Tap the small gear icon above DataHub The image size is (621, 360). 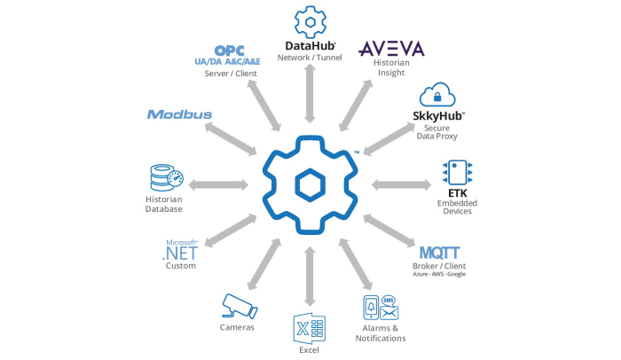coord(310,21)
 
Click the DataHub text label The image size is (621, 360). coord(310,45)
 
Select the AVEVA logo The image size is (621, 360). coord(390,48)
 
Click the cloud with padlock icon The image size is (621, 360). coord(438,95)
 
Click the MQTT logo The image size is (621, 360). coord(439,253)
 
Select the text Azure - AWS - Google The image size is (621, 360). coord(439,274)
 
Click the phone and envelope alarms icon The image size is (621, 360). coord(380,308)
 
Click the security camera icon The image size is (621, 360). coord(239,307)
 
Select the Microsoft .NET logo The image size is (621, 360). coord(181,250)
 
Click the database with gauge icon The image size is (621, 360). coord(164,177)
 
